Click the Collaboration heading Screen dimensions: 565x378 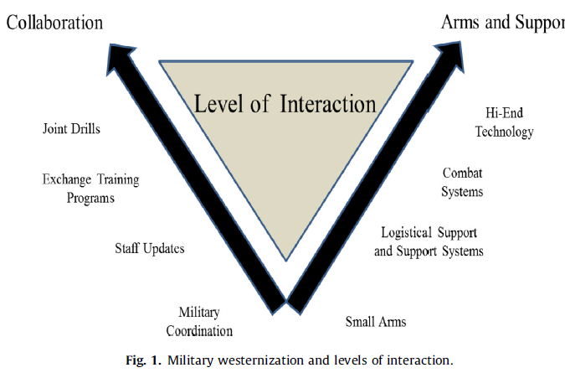click(x=54, y=22)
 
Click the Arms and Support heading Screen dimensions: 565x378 click(x=502, y=21)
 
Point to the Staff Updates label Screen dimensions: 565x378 click(x=149, y=248)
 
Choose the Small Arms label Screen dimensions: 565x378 click(x=376, y=321)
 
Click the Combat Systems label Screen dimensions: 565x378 click(x=463, y=182)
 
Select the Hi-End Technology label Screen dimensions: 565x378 click(x=504, y=122)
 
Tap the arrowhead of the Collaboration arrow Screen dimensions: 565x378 click(x=122, y=58)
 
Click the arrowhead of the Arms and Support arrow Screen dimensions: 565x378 click(x=449, y=58)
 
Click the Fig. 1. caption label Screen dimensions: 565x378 click(x=149, y=361)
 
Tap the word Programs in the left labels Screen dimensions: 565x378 click(x=91, y=199)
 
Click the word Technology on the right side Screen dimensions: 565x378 click(x=504, y=132)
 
